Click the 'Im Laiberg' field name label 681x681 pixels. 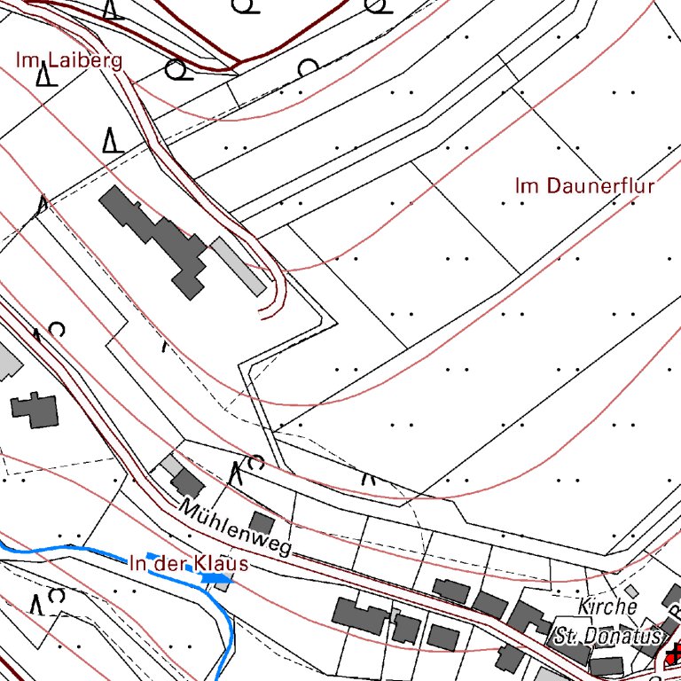tap(69, 60)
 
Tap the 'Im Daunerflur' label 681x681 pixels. tap(584, 186)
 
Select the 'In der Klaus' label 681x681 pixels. tap(188, 563)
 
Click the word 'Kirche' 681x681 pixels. tap(607, 607)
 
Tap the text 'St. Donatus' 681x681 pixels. tap(608, 636)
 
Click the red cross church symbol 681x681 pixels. tap(674, 656)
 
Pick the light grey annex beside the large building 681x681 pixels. tap(238, 264)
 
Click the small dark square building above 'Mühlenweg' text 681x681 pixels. tap(262, 522)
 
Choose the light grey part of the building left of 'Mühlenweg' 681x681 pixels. tap(171, 465)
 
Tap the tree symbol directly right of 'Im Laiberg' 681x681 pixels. tap(177, 68)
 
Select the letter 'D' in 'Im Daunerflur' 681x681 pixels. tap(552, 186)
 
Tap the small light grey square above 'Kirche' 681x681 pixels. tap(630, 590)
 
